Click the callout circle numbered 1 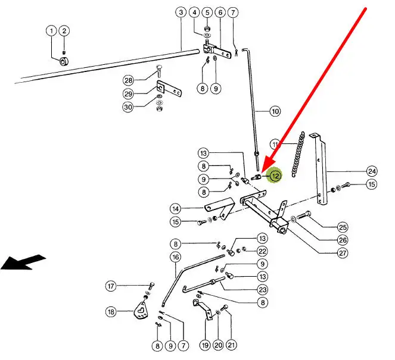pos(52,31)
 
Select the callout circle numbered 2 pos(64,31)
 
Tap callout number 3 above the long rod pos(181,12)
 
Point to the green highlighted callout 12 pos(275,176)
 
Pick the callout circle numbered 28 pos(128,80)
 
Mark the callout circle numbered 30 pos(128,107)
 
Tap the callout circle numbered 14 pos(175,209)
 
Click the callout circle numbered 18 pos(111,311)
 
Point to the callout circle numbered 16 pos(175,257)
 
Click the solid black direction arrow pos(24,262)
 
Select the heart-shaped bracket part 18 pos(140,311)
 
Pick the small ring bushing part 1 pos(64,61)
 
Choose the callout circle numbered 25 pos(343,226)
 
